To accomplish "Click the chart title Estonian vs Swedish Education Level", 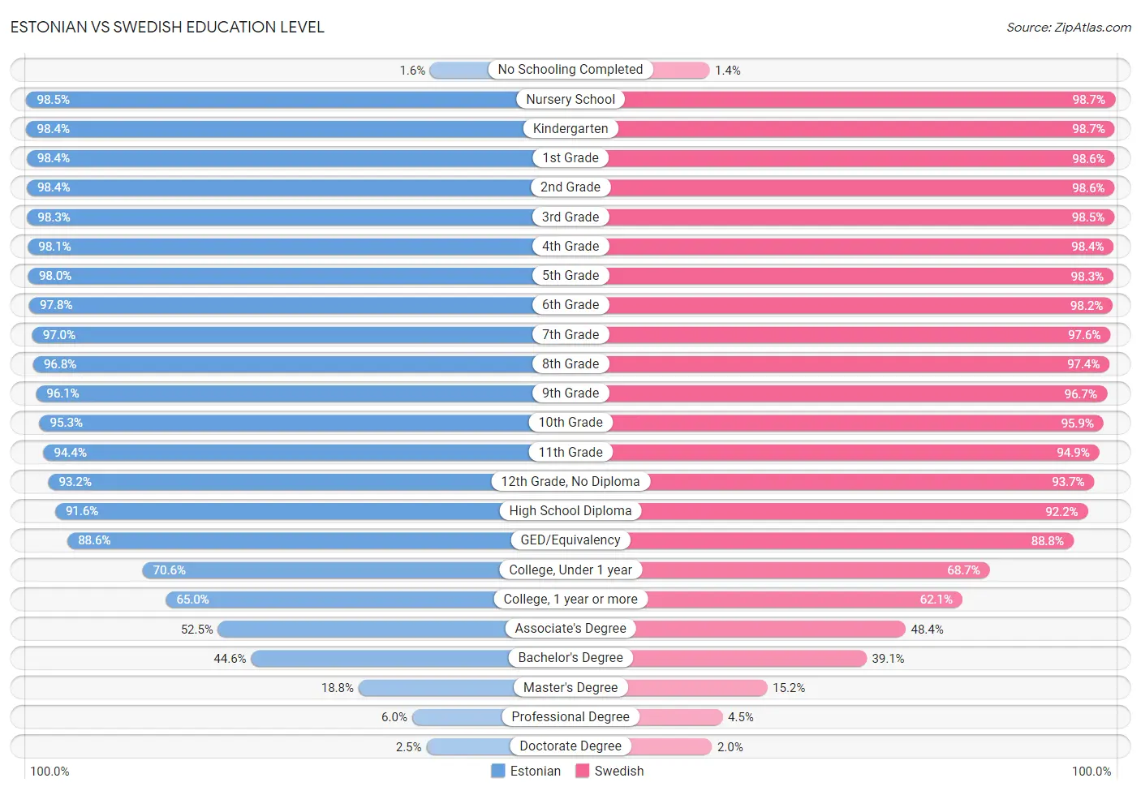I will [x=167, y=27].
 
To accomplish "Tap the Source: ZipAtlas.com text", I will [x=1068, y=28].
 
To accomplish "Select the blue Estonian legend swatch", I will [x=498, y=771].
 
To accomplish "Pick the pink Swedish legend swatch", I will [x=582, y=771].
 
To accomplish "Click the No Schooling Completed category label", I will [x=570, y=70].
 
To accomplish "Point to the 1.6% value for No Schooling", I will [x=412, y=71].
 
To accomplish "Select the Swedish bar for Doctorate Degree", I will [x=670, y=746].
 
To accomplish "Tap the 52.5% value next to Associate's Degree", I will [x=197, y=630].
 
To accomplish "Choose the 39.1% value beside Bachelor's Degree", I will [x=888, y=659].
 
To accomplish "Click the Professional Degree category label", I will [x=570, y=717].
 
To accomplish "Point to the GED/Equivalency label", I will [x=570, y=540].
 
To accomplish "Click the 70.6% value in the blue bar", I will [x=170, y=570].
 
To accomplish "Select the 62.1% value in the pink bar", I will [x=936, y=600].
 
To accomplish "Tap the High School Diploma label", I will [x=570, y=511].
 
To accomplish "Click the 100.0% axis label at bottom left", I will [x=50, y=771].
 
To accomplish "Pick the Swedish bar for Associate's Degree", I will [x=771, y=630].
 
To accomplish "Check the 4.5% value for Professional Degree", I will [x=740, y=717].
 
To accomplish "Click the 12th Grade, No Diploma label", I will [x=570, y=482].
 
